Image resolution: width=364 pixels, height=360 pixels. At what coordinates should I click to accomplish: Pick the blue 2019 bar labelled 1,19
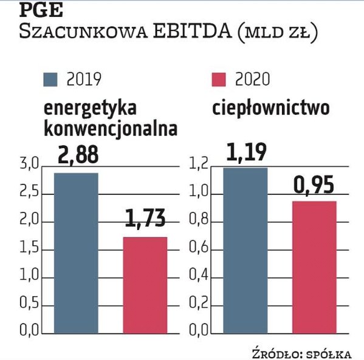tap(246, 250)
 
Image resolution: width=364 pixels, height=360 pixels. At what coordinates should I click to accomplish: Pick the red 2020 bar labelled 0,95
tap(314, 267)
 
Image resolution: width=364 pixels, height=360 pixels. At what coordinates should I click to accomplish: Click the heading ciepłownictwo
tap(270, 109)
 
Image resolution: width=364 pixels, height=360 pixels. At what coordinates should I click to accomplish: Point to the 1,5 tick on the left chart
tap(29, 249)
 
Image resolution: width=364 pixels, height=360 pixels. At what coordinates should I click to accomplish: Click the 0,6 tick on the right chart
tap(199, 249)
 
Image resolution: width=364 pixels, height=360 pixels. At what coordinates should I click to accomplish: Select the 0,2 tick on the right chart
tap(199, 304)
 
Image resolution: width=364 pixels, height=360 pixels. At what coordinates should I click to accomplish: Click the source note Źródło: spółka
tap(308, 352)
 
